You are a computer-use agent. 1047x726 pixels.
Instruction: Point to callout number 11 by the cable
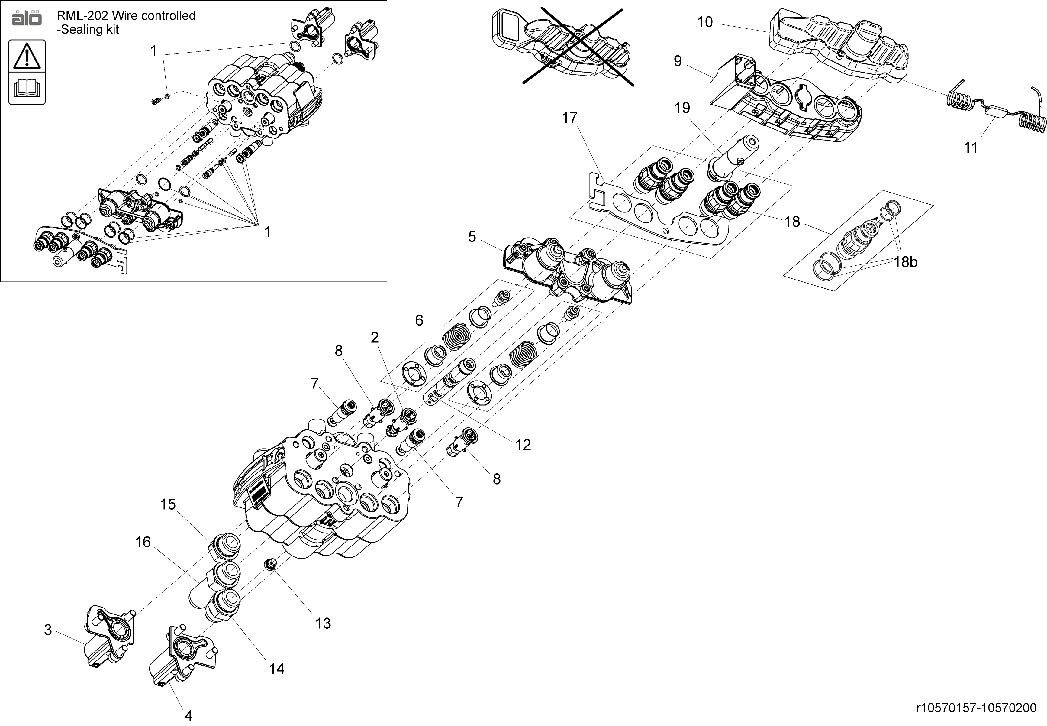click(971, 147)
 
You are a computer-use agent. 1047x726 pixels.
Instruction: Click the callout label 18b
click(905, 262)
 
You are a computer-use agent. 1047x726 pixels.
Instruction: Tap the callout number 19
click(682, 108)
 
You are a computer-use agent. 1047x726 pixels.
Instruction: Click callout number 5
click(472, 237)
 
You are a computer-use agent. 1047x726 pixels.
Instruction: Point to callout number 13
click(323, 623)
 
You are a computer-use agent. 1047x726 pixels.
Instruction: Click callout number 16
click(143, 542)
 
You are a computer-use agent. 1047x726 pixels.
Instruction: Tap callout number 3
click(48, 630)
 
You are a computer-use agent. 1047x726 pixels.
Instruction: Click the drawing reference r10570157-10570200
click(969, 708)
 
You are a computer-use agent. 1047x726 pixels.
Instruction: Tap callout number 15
click(168, 504)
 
